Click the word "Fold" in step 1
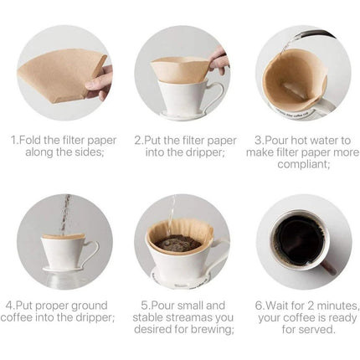[30, 140]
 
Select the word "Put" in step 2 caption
[153, 140]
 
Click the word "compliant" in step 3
[302, 164]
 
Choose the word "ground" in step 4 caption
[90, 306]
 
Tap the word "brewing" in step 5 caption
[214, 330]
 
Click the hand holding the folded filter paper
[100, 82]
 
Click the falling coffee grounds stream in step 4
[66, 215]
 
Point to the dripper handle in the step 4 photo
[91, 253]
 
